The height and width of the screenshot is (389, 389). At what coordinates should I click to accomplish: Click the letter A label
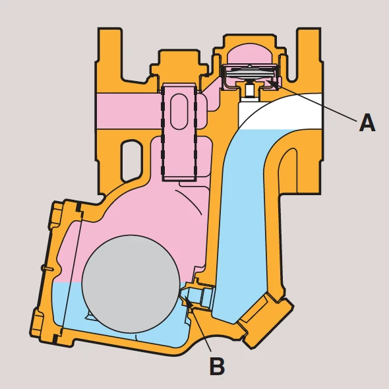[367, 123]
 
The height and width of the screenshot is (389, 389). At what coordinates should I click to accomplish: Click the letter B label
[217, 366]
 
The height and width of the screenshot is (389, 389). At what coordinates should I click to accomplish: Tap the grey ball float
[131, 284]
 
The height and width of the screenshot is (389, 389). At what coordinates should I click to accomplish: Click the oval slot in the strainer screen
[179, 111]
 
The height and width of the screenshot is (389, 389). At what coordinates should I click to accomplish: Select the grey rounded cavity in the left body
[132, 160]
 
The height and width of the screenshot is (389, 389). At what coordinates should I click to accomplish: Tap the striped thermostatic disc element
[249, 73]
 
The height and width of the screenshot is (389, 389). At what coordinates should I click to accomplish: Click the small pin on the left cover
[47, 268]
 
